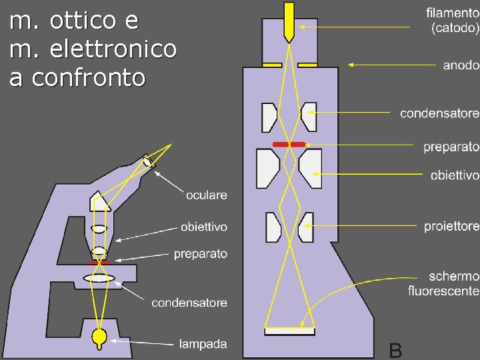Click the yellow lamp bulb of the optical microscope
[x=100, y=337]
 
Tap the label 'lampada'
[x=203, y=344]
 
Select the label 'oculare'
[x=206, y=195]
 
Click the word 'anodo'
[x=461, y=65]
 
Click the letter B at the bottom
[x=395, y=349]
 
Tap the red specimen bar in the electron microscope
[x=289, y=144]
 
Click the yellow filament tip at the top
[x=289, y=20]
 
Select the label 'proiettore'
[x=451, y=227]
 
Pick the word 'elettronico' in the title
[x=114, y=49]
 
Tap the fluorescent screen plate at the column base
[x=289, y=331]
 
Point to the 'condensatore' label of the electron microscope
[x=439, y=113]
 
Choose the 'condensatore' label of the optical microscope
[x=189, y=303]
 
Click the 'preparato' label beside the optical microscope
[x=200, y=253]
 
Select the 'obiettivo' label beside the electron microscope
[x=455, y=175]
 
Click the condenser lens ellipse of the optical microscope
[x=99, y=278]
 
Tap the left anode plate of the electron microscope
[x=271, y=65]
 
